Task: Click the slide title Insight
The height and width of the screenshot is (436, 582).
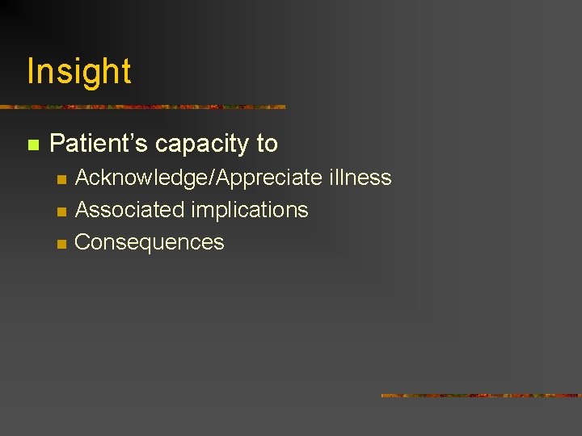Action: click(x=78, y=71)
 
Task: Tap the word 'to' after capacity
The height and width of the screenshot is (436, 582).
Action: click(x=267, y=144)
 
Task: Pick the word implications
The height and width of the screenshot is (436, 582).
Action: click(x=250, y=210)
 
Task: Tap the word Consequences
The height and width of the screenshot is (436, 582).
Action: click(x=149, y=242)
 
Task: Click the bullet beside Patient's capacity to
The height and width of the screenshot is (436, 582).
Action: click(x=32, y=145)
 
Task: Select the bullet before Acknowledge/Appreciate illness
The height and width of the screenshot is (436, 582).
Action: click(x=60, y=179)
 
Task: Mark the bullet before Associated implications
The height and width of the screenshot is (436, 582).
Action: click(x=60, y=212)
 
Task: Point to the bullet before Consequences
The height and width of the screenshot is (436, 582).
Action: click(x=60, y=244)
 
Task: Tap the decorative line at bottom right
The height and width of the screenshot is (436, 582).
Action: click(x=481, y=396)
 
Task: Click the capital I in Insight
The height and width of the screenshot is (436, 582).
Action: click(x=31, y=71)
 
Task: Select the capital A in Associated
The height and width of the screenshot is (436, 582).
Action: click(x=81, y=210)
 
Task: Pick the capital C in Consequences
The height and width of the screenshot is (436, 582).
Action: click(x=82, y=242)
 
